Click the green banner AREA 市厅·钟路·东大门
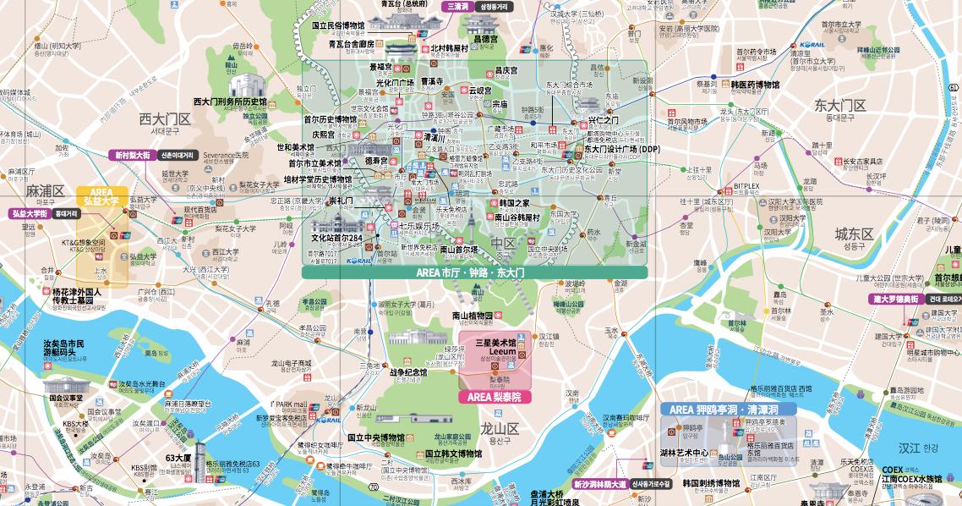pos(474,273)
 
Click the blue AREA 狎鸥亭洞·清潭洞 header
pos(728,410)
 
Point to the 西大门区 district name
pos(165,119)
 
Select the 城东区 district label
pos(854,234)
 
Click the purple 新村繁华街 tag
pos(133,156)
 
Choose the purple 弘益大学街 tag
pos(30,214)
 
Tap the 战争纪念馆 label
pos(408,371)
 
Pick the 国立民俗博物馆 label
pos(338,25)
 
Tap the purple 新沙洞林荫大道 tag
pos(599,485)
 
